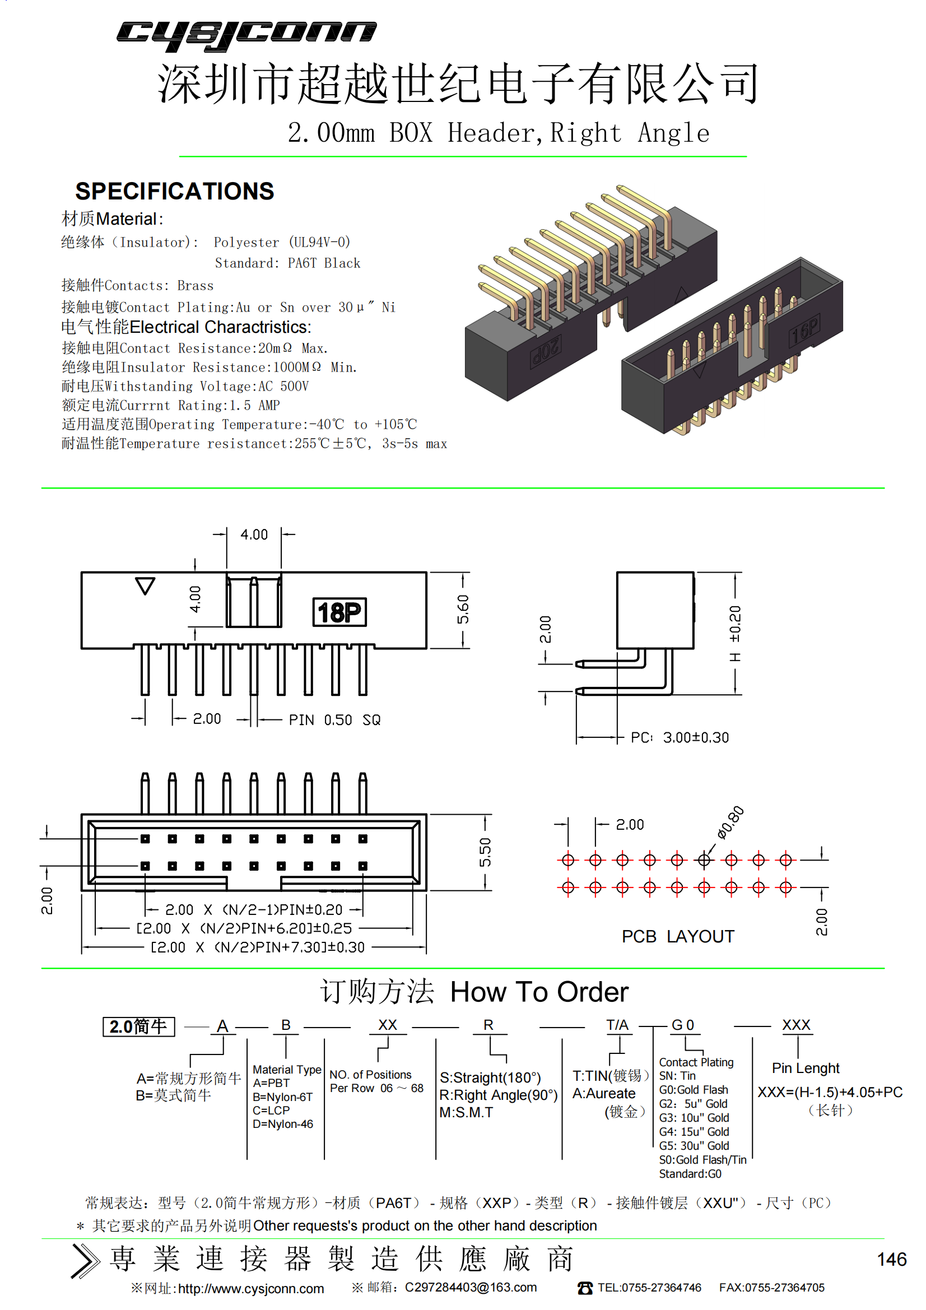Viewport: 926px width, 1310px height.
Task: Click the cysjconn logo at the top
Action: tap(246, 35)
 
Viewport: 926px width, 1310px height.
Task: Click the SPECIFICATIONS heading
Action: tap(175, 191)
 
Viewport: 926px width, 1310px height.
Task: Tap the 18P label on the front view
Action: tap(339, 612)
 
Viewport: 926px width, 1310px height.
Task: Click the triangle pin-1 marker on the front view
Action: tap(145, 586)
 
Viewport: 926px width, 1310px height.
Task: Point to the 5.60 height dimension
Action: tap(463, 610)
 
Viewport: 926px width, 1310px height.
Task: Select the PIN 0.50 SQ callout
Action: tap(334, 720)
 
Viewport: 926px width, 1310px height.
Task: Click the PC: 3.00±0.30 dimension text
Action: tap(680, 738)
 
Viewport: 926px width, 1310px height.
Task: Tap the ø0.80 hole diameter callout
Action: tap(730, 823)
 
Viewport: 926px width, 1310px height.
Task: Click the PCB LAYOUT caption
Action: tap(678, 936)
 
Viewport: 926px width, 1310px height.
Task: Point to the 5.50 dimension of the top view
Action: tap(485, 852)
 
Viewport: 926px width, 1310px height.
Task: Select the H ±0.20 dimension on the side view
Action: tap(736, 633)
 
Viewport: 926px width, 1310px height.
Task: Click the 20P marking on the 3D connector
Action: tap(546, 350)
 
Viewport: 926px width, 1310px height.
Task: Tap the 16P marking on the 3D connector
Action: tap(804, 331)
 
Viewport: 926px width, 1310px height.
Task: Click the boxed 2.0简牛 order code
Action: tap(138, 1026)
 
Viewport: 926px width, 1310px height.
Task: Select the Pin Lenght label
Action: tap(805, 1068)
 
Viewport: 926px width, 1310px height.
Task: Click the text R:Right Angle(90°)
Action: tap(498, 1095)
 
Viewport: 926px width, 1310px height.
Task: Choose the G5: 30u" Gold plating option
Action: tap(694, 1146)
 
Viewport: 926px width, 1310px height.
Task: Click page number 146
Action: tap(891, 1259)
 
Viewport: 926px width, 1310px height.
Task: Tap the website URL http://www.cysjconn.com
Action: tap(251, 1289)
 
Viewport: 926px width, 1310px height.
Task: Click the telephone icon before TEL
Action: tap(585, 1288)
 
